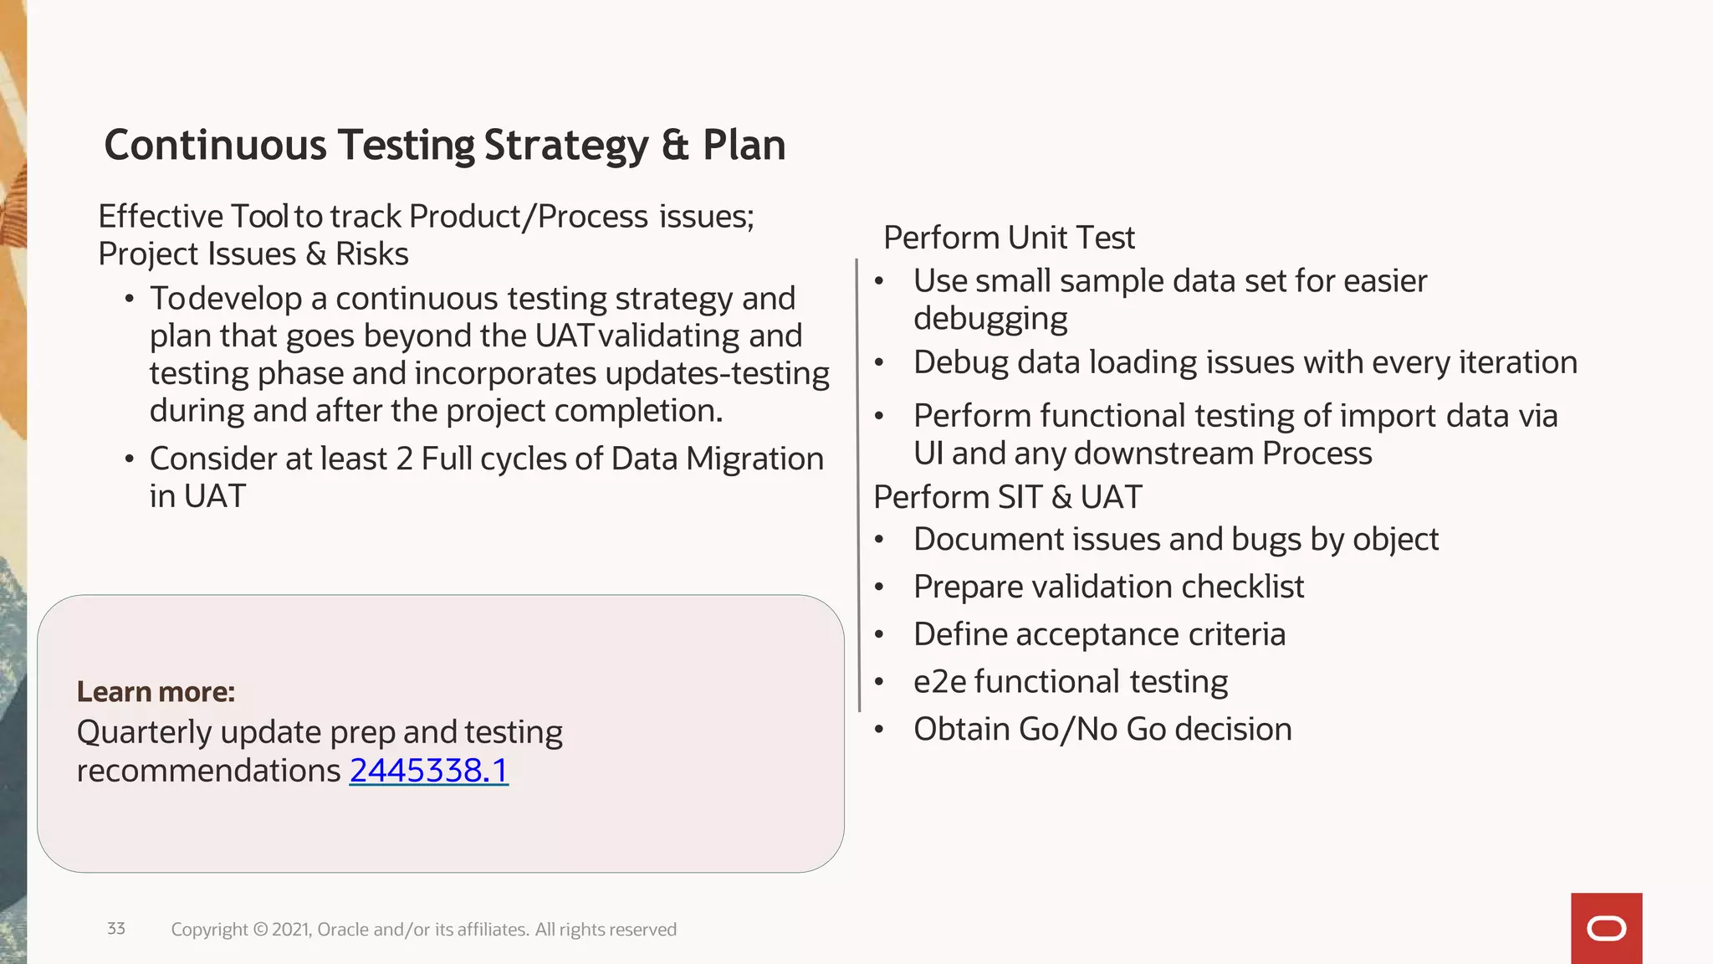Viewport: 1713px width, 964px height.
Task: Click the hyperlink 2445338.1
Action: point(428,771)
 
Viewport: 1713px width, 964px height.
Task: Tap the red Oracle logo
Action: point(1606,928)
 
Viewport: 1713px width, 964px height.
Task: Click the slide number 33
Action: point(116,928)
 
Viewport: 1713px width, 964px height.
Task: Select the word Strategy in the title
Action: point(565,146)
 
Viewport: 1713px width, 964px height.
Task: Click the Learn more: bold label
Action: point(156,692)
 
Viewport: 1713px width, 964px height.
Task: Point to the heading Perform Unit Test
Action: point(1009,238)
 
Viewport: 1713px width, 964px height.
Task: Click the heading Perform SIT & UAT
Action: point(1007,497)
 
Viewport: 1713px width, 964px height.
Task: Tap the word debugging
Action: point(990,319)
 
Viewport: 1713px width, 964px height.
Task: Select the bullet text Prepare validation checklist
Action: point(1108,587)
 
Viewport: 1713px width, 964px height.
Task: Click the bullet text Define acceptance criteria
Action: point(1099,634)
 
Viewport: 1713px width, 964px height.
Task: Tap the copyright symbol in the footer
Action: point(260,930)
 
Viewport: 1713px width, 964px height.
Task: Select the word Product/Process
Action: point(529,217)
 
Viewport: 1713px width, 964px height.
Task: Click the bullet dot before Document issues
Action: point(879,540)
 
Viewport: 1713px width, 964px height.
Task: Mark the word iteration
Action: point(1518,362)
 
